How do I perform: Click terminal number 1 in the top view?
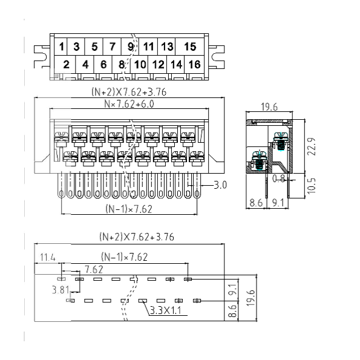pos(61,47)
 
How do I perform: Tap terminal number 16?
pos(194,64)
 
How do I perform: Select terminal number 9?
pos(131,47)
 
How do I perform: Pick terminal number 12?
pos(158,65)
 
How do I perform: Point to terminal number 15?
pos(190,47)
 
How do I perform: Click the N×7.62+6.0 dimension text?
pos(129,104)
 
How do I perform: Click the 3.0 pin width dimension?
pos(220,185)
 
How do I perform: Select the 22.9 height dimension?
pos(312,146)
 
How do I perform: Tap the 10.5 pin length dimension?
pos(312,186)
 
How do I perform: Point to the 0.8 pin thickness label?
pos(279,178)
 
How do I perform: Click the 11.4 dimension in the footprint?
pos(48,257)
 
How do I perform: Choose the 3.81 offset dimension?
pos(61,290)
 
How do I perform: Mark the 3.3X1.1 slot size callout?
pos(166,310)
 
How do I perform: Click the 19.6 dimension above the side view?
pos(269,107)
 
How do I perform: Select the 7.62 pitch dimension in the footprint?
pos(94,269)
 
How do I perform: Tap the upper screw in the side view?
pos(280,141)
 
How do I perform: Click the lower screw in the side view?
pos(260,160)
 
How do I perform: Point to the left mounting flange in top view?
pos(42,57)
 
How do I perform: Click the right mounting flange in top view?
pos(217,57)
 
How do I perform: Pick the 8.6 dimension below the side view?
pos(256,203)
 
